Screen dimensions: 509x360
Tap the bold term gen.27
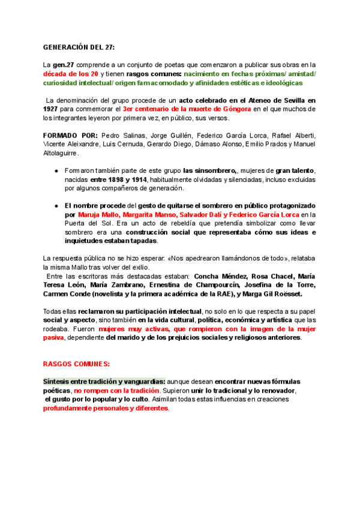pos(62,65)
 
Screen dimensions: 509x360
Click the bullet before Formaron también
pos(56,171)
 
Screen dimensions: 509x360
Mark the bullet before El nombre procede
pos(56,205)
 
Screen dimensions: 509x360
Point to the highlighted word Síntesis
pos(56,382)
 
